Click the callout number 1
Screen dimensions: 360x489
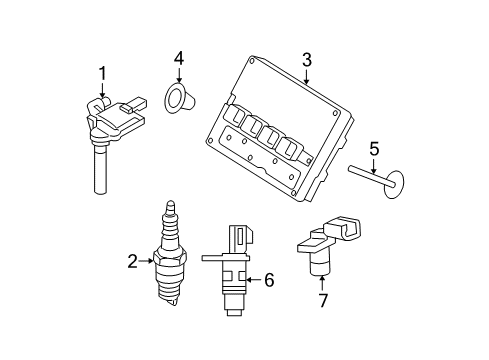101,72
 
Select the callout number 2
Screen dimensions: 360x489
132,262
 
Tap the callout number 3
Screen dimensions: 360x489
308,59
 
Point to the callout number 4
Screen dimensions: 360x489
178,59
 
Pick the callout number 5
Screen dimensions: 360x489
374,151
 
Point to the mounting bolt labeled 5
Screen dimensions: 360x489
375,181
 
